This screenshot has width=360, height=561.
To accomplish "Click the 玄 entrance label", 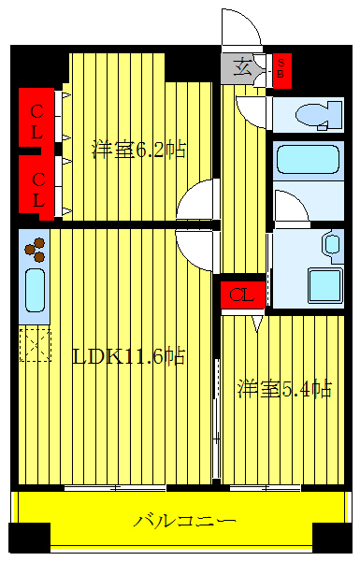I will (242, 67).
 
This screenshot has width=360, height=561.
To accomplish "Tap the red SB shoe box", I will (281, 70).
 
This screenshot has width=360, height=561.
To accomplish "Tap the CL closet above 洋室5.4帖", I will (241, 295).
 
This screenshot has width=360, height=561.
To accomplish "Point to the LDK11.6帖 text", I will (128, 356).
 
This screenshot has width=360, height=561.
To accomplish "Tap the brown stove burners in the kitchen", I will (36, 249).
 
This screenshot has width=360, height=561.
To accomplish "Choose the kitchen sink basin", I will (34, 290).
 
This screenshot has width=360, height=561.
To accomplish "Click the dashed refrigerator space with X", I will (35, 344).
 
